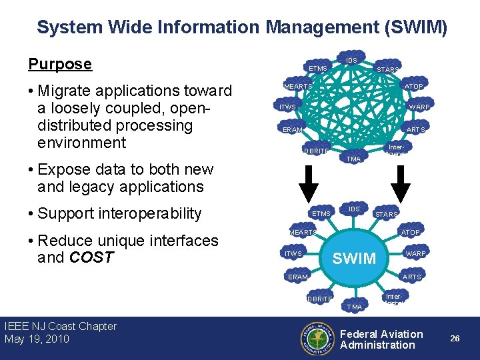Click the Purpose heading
[60, 64]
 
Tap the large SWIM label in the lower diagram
[354, 258]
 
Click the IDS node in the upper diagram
[352, 61]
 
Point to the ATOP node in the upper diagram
[413, 86]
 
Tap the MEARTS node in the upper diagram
[298, 86]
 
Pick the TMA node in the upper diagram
[354, 159]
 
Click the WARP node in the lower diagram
[416, 253]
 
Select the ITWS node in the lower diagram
[293, 254]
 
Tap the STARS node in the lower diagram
[387, 215]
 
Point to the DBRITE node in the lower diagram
[319, 299]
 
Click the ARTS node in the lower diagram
[413, 277]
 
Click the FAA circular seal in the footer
[317, 338]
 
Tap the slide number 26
[455, 339]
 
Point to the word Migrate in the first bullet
[64, 91]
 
